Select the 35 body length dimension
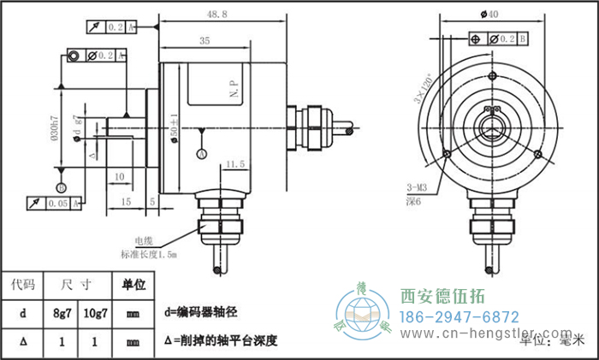tap(204, 40)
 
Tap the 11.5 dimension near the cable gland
tap(236, 162)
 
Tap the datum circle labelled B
tap(60, 187)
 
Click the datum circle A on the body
tap(201, 155)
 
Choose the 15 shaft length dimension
tap(125, 202)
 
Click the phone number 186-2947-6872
tap(460, 316)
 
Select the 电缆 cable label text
tap(143, 241)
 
